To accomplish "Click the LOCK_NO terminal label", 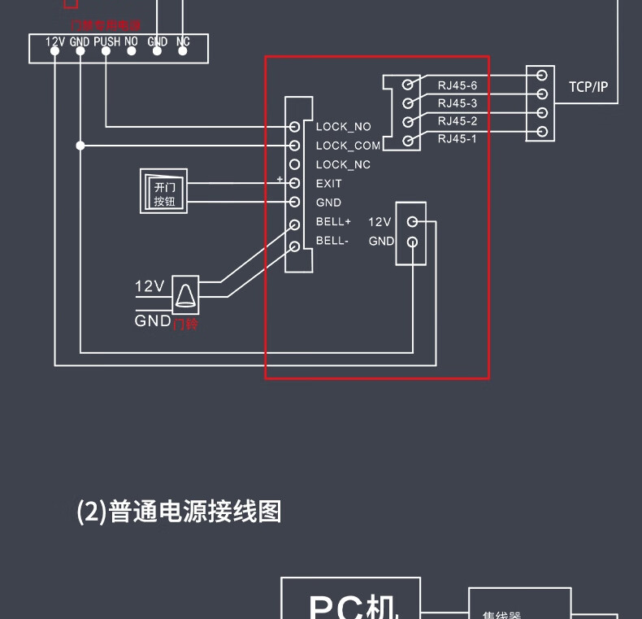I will [343, 127].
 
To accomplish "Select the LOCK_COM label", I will [348, 146].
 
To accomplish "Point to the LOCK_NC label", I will [343, 165].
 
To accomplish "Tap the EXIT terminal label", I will [329, 184].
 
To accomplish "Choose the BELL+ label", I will [333, 221].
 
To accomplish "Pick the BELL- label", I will [332, 241].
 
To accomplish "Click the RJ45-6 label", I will [458, 84].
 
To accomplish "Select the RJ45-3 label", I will [458, 102].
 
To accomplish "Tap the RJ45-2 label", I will [458, 121].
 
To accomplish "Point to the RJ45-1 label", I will [458, 139].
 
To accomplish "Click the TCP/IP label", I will [588, 86].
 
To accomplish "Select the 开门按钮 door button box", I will [164, 192].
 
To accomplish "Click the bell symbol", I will [186, 294].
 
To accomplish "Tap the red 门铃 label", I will [186, 324].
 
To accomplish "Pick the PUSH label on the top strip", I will [106, 41].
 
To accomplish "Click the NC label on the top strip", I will [183, 41].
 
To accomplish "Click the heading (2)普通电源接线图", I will [179, 512].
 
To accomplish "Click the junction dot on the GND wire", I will [80, 146].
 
